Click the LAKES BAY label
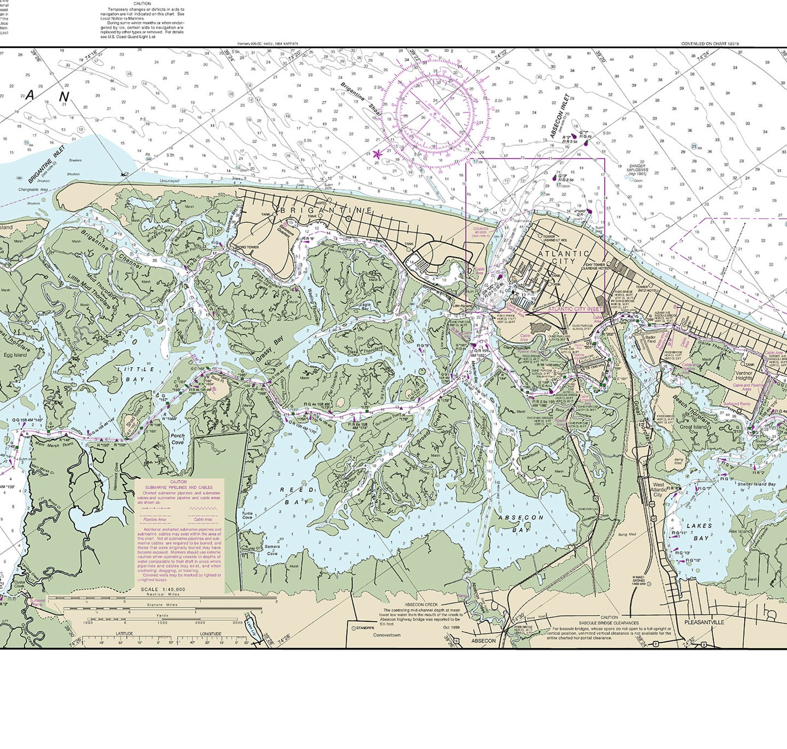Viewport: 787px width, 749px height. pos(700,532)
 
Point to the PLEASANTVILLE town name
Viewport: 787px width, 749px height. pos(704,622)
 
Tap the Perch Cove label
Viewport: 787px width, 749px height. pos(177,439)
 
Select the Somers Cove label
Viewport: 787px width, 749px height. pos(272,550)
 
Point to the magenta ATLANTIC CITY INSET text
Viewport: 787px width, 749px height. pos(575,308)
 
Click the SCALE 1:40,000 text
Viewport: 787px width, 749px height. pos(163,589)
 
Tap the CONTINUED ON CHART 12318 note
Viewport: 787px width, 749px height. pos(710,44)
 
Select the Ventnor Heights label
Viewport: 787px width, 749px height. pos(744,375)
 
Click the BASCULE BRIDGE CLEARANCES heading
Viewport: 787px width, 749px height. pos(609,623)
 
